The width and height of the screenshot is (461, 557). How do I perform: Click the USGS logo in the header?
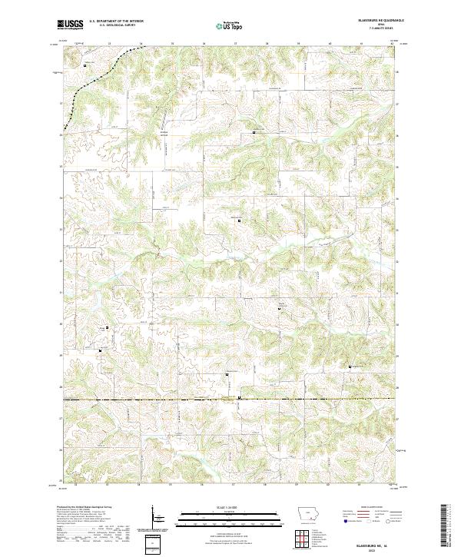70,25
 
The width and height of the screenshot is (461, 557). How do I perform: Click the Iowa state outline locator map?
308,516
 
